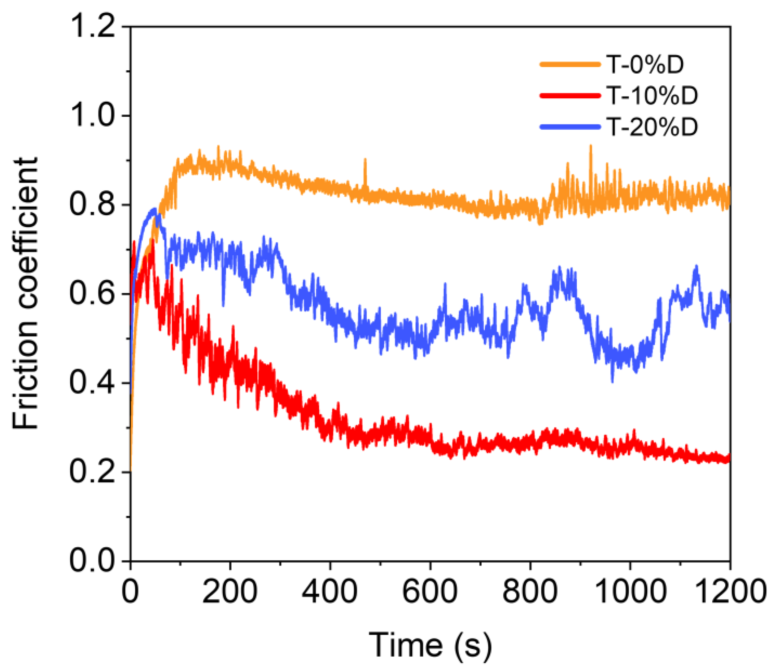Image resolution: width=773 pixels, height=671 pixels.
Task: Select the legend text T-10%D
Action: coord(652,95)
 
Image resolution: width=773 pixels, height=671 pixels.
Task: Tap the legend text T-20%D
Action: coord(652,127)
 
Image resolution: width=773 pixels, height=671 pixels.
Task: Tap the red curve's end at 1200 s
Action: coord(728,459)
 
